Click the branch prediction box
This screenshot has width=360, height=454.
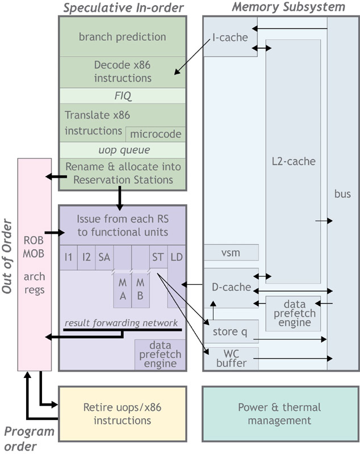[122, 37]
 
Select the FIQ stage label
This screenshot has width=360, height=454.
[122, 95]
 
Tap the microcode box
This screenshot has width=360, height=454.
[156, 134]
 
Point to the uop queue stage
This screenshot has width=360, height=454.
[122, 150]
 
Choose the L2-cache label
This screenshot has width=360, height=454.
[293, 161]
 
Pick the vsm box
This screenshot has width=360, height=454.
[231, 253]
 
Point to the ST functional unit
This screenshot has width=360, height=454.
[158, 257]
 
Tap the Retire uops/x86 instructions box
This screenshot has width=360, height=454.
[122, 414]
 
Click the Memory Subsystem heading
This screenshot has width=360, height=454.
[288, 7]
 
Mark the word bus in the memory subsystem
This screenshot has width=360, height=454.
[342, 194]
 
